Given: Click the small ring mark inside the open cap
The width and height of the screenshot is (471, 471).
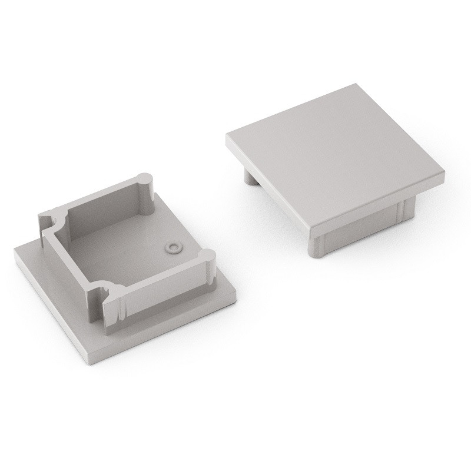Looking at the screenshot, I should pyautogui.click(x=172, y=247).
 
